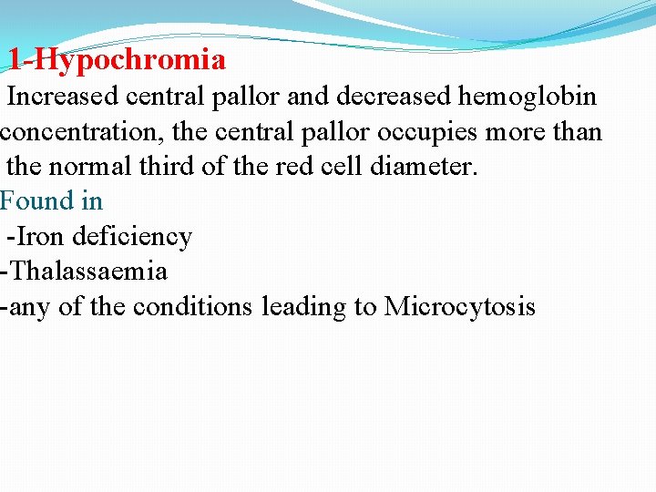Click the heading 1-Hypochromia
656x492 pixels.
[x=117, y=60]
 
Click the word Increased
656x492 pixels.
[x=65, y=97]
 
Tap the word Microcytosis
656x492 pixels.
[x=460, y=307]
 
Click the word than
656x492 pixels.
[x=578, y=132]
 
